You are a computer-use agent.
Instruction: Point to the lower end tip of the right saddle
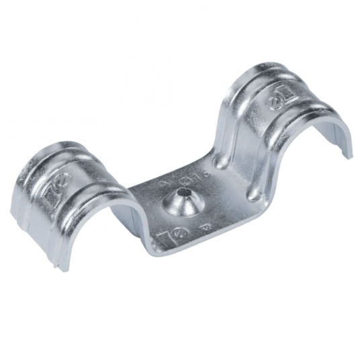[x=347, y=156]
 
